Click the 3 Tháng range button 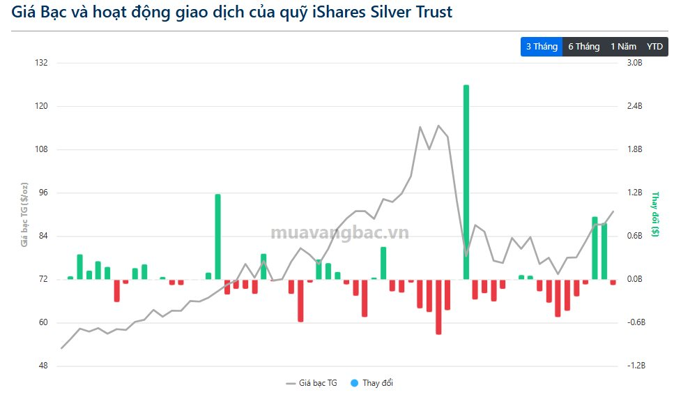coord(542,47)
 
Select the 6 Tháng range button coord(583,47)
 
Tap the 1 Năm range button coord(623,47)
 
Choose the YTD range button coord(654,47)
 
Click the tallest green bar coord(466,181)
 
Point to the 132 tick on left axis coord(41,63)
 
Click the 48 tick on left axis coord(43,366)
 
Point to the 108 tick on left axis coord(41,149)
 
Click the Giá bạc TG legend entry coord(312,383)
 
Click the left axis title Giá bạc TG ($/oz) coord(24,214)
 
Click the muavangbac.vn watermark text coord(339,233)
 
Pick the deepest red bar coord(438,306)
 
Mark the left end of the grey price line coord(62,347)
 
